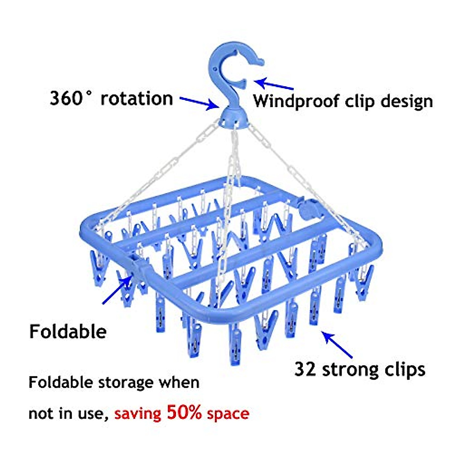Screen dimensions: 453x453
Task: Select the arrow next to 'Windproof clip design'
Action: tap(274, 83)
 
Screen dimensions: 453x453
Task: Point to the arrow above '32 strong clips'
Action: tap(338, 345)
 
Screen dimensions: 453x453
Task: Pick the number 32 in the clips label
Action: tap(305, 369)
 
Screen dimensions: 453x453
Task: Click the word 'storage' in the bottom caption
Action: tap(126, 383)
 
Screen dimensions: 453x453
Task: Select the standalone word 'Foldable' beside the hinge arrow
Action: tap(68, 331)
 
